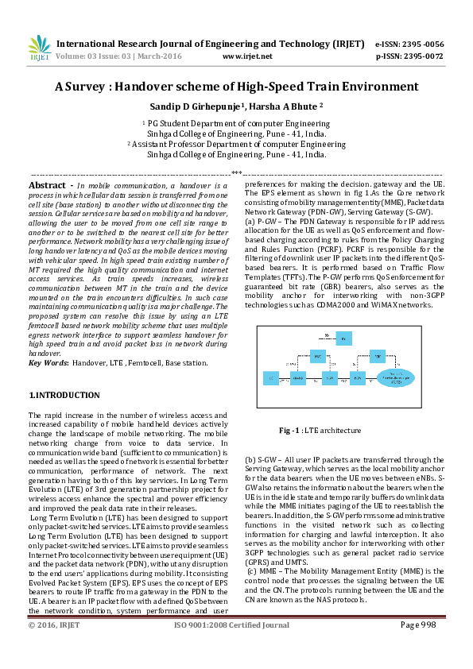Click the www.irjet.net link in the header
[x=247, y=56]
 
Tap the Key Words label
[x=48, y=362]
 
